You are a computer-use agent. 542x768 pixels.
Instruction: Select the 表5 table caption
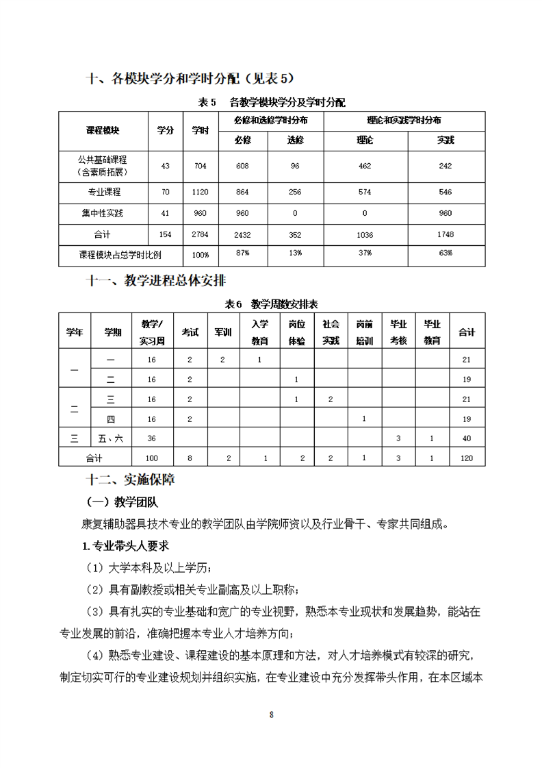(271, 102)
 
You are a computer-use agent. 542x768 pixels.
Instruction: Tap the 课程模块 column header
(103, 130)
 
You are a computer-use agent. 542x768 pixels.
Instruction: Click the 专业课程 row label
(103, 193)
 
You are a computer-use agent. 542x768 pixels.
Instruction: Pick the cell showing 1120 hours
(200, 193)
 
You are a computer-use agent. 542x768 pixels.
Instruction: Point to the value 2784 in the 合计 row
(200, 234)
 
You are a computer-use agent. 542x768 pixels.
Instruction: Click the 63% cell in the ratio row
(446, 253)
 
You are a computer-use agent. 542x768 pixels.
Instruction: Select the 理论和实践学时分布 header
(404, 120)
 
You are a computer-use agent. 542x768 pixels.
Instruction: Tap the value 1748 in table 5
(446, 234)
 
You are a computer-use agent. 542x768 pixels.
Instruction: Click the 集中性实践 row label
(103, 213)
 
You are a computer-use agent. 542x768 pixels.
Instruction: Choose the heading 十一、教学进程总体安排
(157, 280)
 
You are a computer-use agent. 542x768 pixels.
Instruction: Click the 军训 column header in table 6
(223, 332)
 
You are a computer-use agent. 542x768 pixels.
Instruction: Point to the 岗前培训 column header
(365, 332)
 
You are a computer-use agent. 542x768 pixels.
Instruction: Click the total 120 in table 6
(467, 458)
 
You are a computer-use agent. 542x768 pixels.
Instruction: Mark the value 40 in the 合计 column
(467, 438)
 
